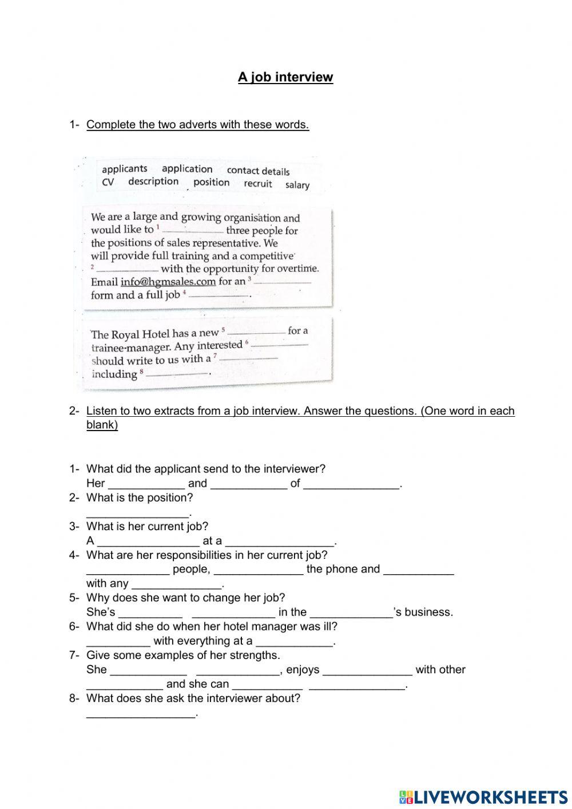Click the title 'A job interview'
click(x=285, y=77)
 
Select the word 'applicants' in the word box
click(x=124, y=169)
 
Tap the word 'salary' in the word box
click(x=297, y=185)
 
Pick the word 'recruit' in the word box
click(x=257, y=184)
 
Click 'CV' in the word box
click(x=108, y=182)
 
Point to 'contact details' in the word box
click(x=258, y=171)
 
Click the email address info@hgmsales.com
click(x=168, y=282)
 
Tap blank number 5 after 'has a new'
click(x=256, y=332)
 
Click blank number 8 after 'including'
click(x=177, y=374)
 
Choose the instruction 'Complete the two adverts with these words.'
click(x=197, y=125)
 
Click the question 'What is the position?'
click(x=140, y=498)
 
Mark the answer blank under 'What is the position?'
click(x=137, y=512)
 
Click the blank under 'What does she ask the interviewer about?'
click(x=141, y=713)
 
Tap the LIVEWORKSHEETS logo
click(x=483, y=796)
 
